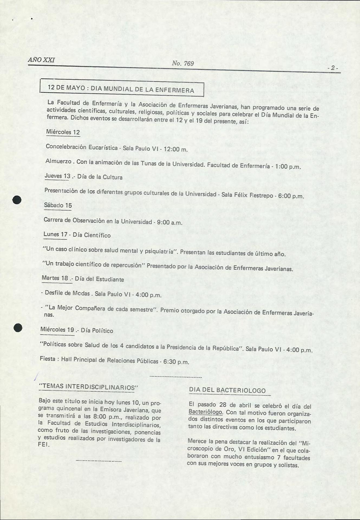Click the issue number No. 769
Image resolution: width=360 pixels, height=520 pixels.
tap(183, 63)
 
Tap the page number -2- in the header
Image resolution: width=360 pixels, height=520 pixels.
tap(333, 68)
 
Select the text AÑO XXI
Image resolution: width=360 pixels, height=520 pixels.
tap(41, 60)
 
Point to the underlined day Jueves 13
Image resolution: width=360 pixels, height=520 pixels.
tap(57, 176)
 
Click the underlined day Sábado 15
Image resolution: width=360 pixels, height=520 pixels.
tap(58, 205)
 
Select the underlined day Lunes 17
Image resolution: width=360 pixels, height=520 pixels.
tap(55, 234)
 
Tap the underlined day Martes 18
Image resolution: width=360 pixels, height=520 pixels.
tap(55, 278)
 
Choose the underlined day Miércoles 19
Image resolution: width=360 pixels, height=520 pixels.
tap(57, 330)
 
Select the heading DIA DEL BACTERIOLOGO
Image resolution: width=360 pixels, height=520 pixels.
tap(227, 390)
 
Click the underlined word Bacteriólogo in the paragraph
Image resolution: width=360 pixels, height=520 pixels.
tap(205, 412)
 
